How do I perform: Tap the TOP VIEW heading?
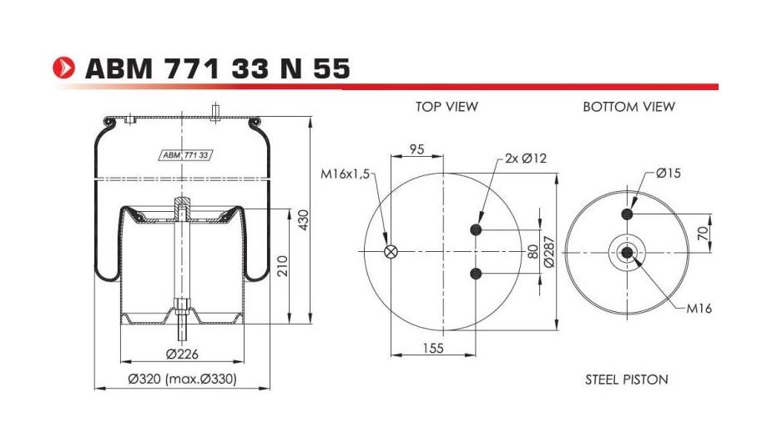point(447,107)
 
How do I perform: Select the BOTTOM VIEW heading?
point(628,107)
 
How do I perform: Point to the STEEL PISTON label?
point(626,380)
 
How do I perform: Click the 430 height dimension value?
point(305,220)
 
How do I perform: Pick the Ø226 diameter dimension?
point(182,354)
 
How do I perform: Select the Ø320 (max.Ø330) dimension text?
point(182,380)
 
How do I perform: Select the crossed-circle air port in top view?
point(390,253)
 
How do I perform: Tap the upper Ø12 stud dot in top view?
point(477,231)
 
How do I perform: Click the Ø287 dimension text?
point(549,252)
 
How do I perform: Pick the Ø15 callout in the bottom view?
point(668,174)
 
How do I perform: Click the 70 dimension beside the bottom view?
point(703,231)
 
